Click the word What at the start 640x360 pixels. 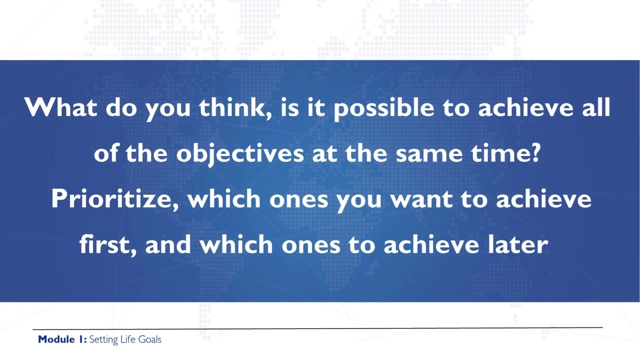pos(60,107)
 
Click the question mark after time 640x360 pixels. pos(534,152)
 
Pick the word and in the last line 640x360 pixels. pos(168,244)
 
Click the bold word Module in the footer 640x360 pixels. pos(56,339)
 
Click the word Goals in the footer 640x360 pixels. pos(149,339)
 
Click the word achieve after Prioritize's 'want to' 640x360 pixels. pos(543,199)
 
